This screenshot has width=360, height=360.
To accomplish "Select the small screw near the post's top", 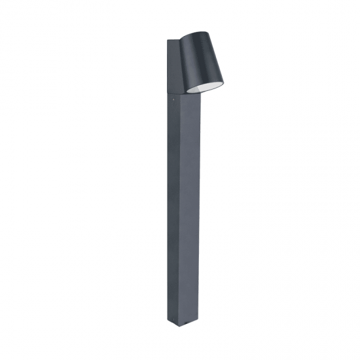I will click(x=171, y=102).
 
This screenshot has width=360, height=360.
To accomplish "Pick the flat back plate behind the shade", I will click(x=173, y=65).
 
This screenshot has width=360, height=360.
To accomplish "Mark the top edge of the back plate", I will click(x=173, y=41).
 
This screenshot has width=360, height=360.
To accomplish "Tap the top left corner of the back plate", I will click(x=168, y=41).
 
